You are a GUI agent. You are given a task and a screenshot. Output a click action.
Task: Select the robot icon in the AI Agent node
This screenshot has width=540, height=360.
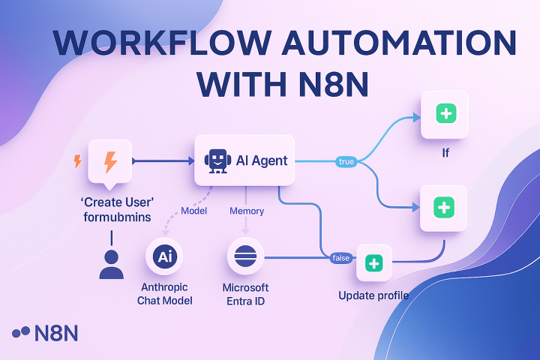pyautogui.click(x=216, y=160)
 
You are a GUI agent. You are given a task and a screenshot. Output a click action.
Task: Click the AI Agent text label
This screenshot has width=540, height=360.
pyautogui.click(x=262, y=160)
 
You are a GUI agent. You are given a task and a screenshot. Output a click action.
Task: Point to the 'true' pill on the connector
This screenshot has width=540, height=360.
pyautogui.click(x=346, y=161)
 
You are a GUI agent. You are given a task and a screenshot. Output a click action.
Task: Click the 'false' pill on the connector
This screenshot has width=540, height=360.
pyautogui.click(x=341, y=258)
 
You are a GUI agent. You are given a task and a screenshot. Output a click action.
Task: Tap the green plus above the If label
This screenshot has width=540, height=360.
pyautogui.click(x=445, y=115)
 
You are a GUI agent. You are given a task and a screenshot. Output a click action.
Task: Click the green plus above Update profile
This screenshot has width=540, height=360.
pyautogui.click(x=373, y=263)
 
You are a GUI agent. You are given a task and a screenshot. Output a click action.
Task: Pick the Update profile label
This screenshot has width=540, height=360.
pyautogui.click(x=373, y=295)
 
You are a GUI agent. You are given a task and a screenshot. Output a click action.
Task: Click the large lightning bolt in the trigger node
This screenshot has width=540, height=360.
pyautogui.click(x=110, y=161)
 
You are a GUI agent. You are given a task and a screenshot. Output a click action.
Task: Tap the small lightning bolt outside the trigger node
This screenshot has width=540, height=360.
pyautogui.click(x=76, y=160)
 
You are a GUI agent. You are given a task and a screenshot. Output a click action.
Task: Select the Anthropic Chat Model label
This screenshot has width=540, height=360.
pyautogui.click(x=166, y=294)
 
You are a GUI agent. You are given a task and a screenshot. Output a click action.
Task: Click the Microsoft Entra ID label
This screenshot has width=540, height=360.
pyautogui.click(x=245, y=294)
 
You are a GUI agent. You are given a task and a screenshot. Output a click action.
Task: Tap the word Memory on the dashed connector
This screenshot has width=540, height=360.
pyautogui.click(x=247, y=211)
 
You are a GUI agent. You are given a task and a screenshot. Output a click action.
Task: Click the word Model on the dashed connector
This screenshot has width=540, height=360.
pyautogui.click(x=193, y=211)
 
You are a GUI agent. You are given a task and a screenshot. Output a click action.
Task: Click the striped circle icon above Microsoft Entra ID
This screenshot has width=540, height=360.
pyautogui.click(x=246, y=257)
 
